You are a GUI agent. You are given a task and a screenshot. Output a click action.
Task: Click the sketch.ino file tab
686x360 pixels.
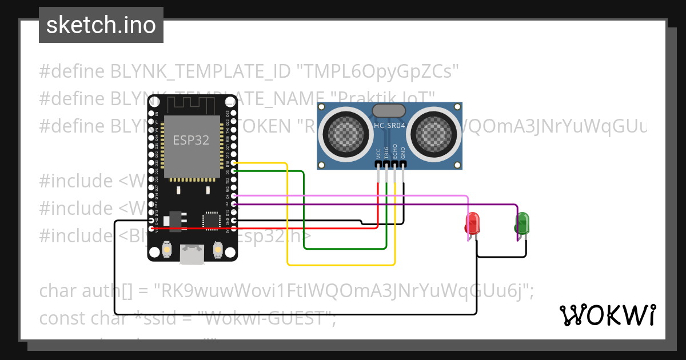pyautogui.click(x=101, y=25)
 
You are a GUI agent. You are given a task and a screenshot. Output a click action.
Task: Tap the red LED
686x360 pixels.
pyautogui.click(x=472, y=223)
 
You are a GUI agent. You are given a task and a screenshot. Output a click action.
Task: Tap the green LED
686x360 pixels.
pyautogui.click(x=522, y=222)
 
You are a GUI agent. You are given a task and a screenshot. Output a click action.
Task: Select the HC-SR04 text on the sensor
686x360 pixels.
pyautogui.click(x=390, y=125)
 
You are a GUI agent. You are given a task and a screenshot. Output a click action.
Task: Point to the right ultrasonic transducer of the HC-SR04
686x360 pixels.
pyautogui.click(x=434, y=133)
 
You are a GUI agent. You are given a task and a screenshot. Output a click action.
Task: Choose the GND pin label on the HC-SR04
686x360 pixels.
pyautogui.click(x=403, y=153)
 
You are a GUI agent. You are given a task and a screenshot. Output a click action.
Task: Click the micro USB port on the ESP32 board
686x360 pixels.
pyautogui.click(x=192, y=254)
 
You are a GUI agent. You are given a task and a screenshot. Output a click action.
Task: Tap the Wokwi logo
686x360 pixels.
pyautogui.click(x=607, y=315)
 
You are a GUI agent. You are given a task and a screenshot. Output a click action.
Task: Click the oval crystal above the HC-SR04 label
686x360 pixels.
pyautogui.click(x=389, y=110)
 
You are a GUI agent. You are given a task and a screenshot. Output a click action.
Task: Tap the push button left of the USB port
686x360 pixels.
pyautogui.click(x=167, y=250)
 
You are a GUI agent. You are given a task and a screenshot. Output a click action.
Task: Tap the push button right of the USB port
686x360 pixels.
pyautogui.click(x=217, y=250)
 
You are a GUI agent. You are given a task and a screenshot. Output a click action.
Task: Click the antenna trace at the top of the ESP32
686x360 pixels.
pyautogui.click(x=192, y=105)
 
